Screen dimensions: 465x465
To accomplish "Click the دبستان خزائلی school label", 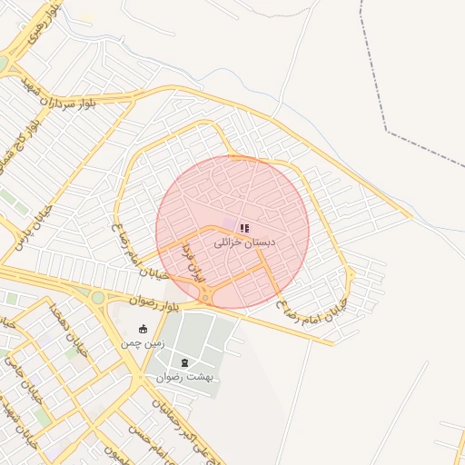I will click(244, 242).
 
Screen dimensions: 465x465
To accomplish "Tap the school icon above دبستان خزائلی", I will click(244, 226).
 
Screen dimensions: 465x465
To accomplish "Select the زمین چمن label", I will click(143, 344).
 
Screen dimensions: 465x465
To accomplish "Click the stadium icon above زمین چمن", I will click(143, 329).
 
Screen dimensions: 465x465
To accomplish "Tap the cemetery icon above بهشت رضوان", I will click(184, 362).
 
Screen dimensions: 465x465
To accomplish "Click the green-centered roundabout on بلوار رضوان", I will click(97, 297).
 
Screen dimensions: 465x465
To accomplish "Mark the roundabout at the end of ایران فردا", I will click(206, 297).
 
